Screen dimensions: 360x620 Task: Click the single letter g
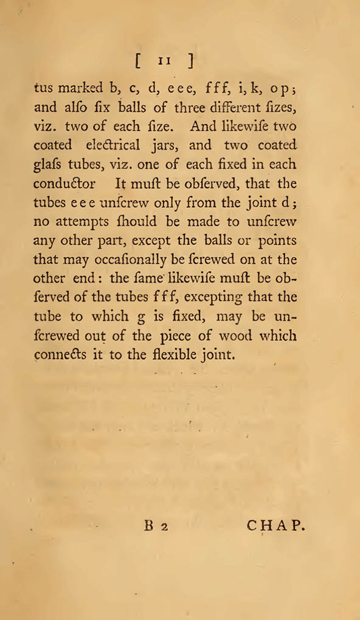149,317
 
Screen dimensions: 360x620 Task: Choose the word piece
183,336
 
